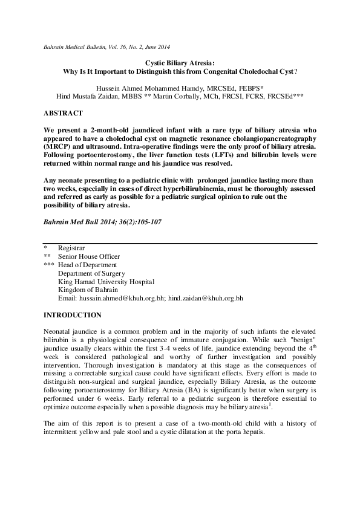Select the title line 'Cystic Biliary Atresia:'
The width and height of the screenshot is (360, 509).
[180, 62]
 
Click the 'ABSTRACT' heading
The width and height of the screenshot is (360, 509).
[64, 113]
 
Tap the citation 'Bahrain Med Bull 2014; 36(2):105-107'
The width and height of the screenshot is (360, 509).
[102, 222]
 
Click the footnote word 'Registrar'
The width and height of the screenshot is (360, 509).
[71, 248]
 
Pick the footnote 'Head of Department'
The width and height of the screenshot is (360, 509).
[87, 265]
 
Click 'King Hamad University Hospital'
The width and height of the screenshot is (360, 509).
[106, 282]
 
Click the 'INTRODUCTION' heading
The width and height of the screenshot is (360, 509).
[73, 315]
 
